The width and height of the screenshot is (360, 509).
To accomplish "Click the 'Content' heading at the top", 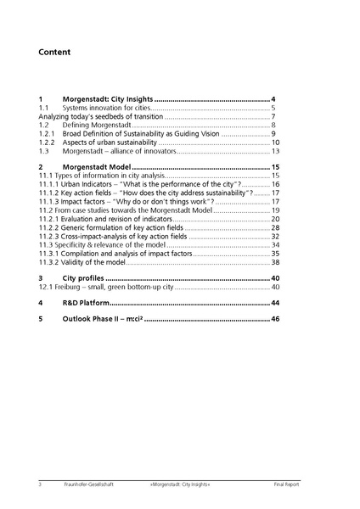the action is (54, 53).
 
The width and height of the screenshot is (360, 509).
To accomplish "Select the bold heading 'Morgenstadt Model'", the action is (96, 168).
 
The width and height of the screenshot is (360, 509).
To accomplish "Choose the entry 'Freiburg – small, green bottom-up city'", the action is (111, 287).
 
